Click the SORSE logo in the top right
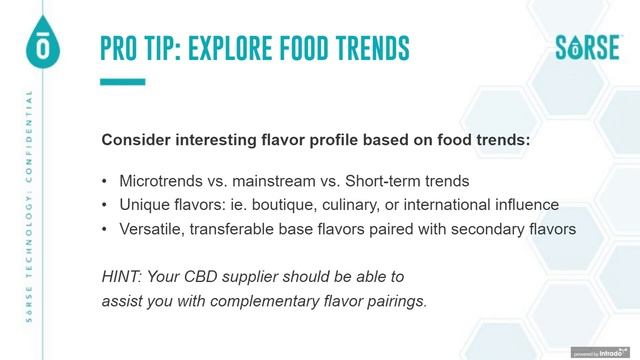click(588, 47)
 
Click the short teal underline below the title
click(123, 82)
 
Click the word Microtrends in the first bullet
click(160, 182)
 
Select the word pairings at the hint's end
click(398, 298)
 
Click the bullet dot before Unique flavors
click(105, 205)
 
